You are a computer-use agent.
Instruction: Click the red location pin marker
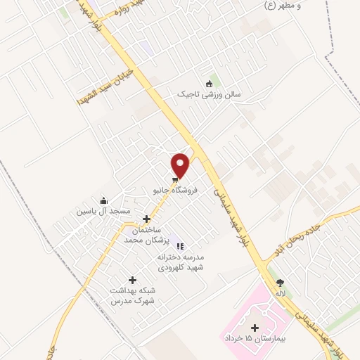(181, 165)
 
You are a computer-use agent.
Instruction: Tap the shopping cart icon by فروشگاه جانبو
(174, 180)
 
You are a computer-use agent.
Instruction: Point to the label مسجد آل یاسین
(105, 211)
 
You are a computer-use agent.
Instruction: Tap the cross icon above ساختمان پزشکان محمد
(146, 219)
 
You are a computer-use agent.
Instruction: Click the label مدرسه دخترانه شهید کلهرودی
(181, 262)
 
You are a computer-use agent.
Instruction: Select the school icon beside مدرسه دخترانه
(180, 247)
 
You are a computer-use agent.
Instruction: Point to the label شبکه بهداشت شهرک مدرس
(132, 295)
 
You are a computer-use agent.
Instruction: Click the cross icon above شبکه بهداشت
(132, 280)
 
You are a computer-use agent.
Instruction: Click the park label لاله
(281, 292)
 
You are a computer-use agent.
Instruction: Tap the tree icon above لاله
(281, 282)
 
